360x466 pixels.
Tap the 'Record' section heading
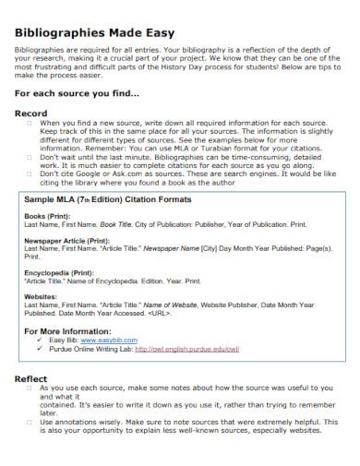pyautogui.click(x=31, y=114)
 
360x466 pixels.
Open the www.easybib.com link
pyautogui.click(x=115, y=340)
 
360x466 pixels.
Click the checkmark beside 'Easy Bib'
pyautogui.click(x=41, y=340)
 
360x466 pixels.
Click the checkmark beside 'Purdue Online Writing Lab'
pyautogui.click(x=41, y=349)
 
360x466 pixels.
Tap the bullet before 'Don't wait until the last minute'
pyautogui.click(x=29, y=157)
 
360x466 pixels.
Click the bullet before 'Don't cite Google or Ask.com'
pyautogui.click(x=29, y=173)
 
